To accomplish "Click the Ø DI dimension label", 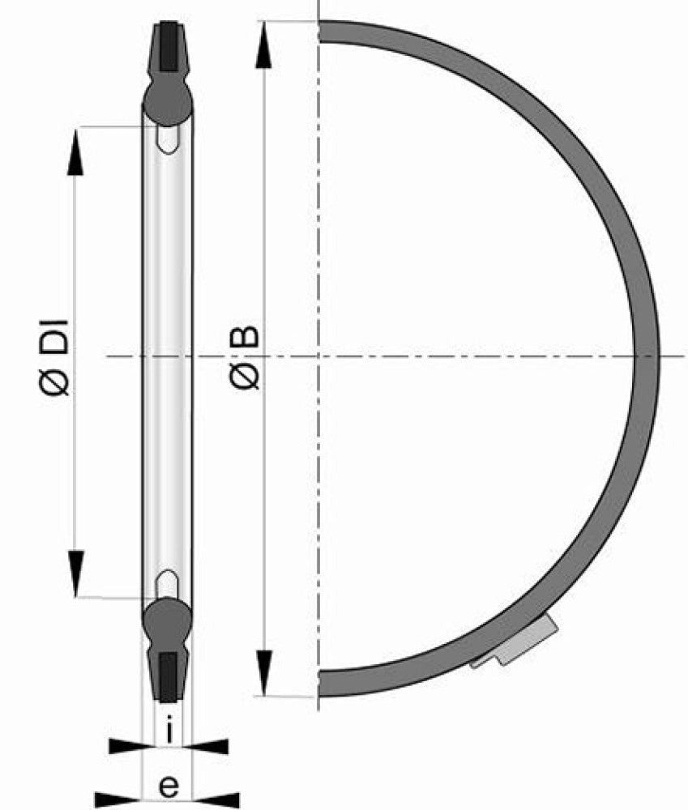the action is [55, 357].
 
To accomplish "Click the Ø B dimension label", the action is [245, 357].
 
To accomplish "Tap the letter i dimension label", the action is [169, 730].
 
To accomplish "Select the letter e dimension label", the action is [169, 787].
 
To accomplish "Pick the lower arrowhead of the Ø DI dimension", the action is [75, 573].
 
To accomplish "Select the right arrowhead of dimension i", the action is [207, 747].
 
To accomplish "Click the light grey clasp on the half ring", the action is [517, 642].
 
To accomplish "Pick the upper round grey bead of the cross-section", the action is [168, 101].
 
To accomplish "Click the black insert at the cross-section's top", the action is [169, 46].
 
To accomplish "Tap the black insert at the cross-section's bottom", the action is [168, 676].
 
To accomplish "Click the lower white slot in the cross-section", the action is [168, 585].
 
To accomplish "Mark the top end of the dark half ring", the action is [320, 31].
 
